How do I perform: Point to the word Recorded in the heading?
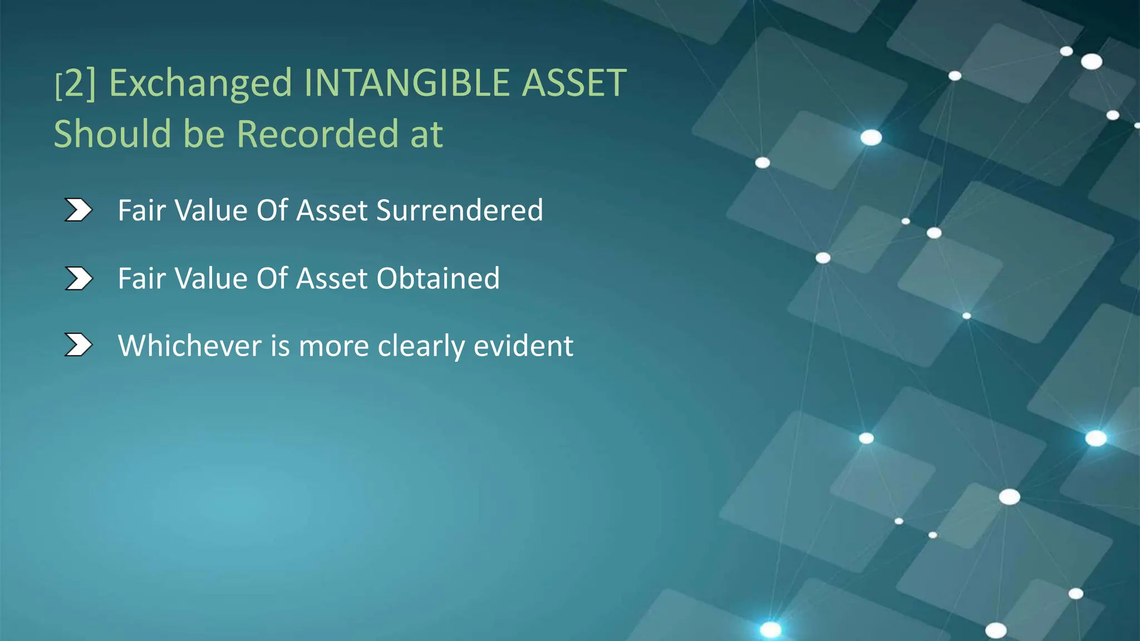pyautogui.click(x=317, y=134)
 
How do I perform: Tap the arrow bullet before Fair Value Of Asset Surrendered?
pyautogui.click(x=78, y=210)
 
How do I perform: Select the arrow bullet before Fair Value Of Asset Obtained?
pyautogui.click(x=78, y=278)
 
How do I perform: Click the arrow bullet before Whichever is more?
pyautogui.click(x=78, y=345)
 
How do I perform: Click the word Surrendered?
pyautogui.click(x=459, y=210)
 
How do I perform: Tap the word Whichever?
pyautogui.click(x=189, y=346)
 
